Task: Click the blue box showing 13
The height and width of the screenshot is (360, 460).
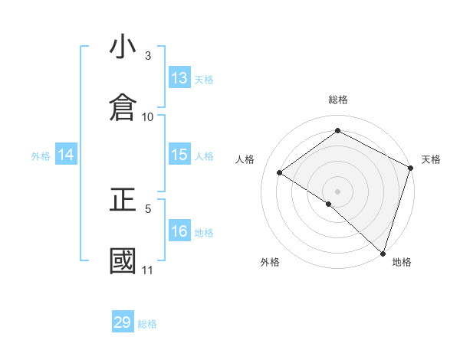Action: tap(179, 78)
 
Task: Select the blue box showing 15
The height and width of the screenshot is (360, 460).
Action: tap(179, 155)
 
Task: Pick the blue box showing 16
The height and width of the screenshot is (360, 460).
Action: tap(179, 231)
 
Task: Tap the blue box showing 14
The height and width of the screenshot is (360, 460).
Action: tap(66, 155)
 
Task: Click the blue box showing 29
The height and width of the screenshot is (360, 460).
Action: tap(123, 322)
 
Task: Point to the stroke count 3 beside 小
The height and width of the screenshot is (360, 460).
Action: tap(148, 56)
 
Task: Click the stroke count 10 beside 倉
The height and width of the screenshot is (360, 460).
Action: tap(148, 116)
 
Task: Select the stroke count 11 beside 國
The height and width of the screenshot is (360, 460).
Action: tap(148, 270)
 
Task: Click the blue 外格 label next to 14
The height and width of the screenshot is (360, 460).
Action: tap(41, 156)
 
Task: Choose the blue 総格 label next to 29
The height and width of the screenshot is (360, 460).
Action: tap(147, 324)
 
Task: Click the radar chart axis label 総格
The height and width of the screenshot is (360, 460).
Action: tap(338, 100)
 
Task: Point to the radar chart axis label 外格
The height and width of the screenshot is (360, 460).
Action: tap(270, 262)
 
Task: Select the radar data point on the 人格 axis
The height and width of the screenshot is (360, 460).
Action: tap(280, 172)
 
